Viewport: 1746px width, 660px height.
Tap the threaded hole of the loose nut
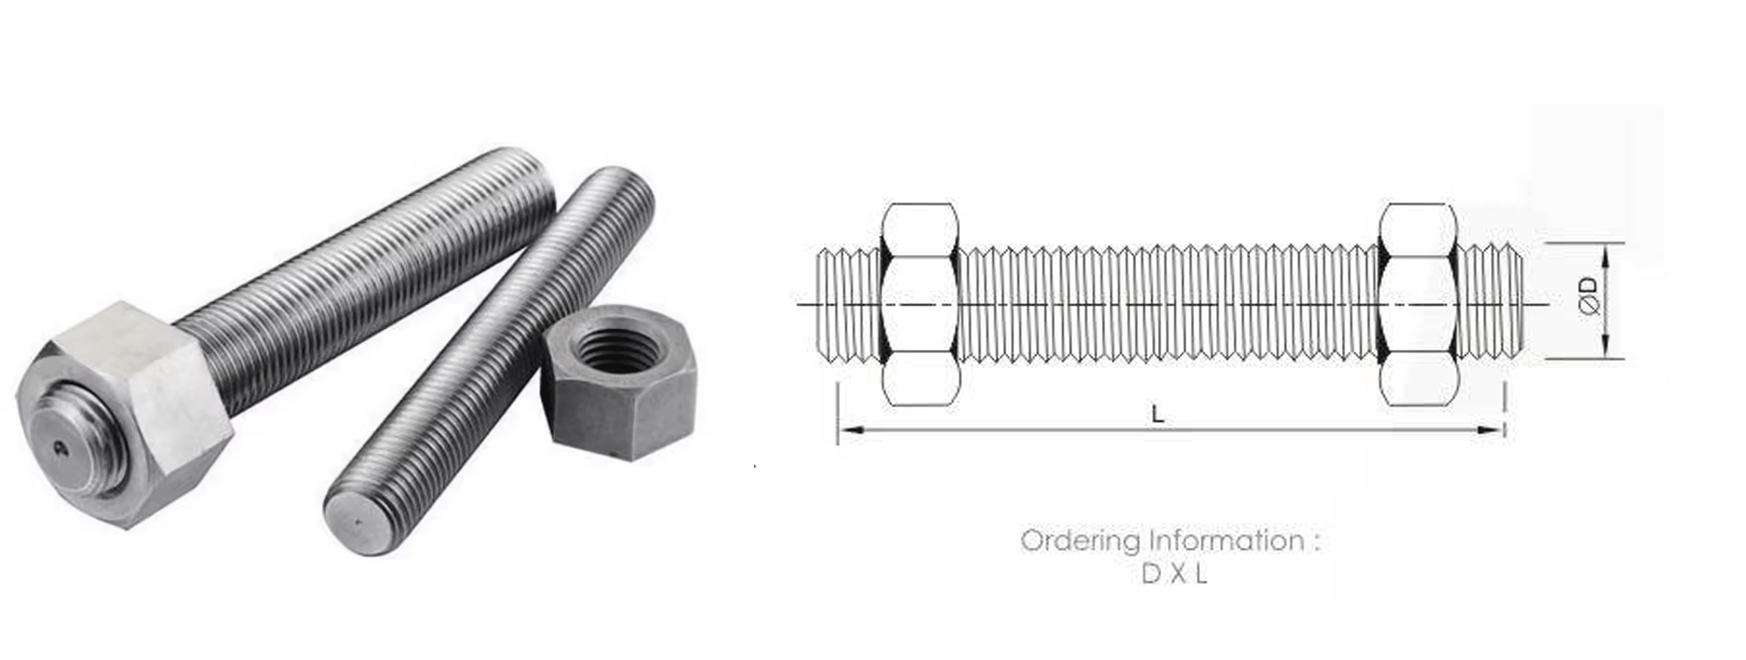point(616,351)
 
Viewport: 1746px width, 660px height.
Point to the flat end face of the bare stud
point(360,522)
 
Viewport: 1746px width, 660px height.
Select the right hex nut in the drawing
point(1417,304)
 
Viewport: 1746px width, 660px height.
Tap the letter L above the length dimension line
point(1157,414)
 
